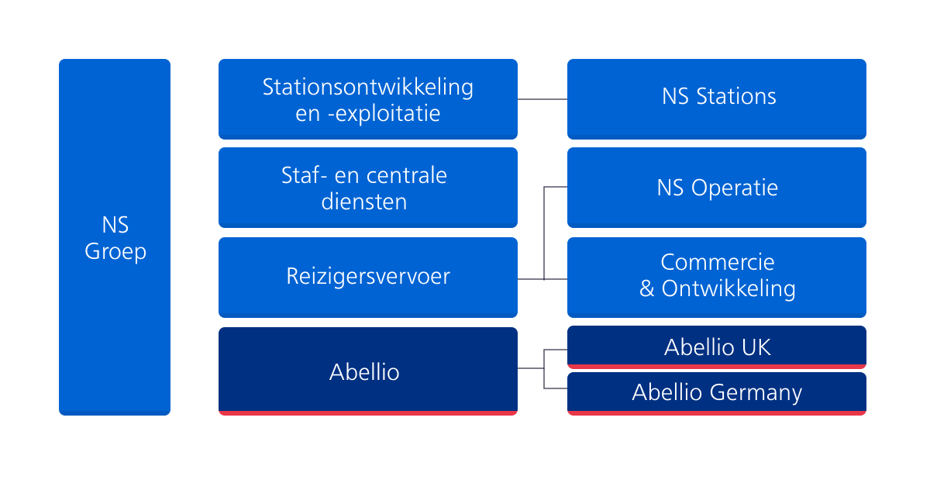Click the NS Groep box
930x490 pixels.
point(115,237)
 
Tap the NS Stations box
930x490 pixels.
point(717,99)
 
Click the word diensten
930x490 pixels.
point(364,202)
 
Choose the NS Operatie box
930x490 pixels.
point(717,188)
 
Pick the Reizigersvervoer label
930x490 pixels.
point(368,276)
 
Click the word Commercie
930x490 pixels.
point(718,262)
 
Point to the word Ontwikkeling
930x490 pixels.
point(728,289)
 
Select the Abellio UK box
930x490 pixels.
point(717,347)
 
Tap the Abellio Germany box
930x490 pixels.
point(717,394)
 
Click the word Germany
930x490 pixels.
point(756,393)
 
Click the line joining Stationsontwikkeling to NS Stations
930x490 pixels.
point(542,99)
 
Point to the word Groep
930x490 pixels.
point(115,252)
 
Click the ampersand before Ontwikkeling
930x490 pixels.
point(647,288)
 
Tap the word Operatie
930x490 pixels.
point(735,188)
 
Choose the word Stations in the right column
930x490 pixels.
point(736,96)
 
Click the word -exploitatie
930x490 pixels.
point(384,114)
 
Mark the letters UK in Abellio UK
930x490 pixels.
point(756,347)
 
